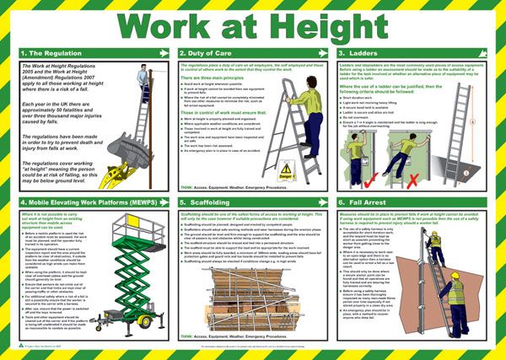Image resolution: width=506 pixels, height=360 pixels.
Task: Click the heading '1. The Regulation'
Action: click(x=51, y=53)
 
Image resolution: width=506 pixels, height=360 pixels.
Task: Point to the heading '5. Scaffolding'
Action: click(x=207, y=202)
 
